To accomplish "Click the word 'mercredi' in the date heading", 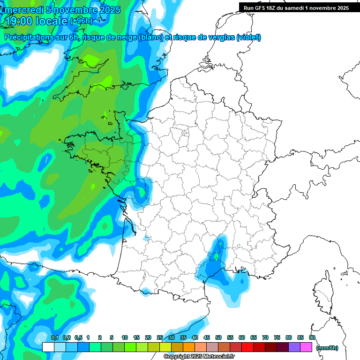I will coord(23,10).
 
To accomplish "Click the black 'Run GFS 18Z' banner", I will coord(296,7).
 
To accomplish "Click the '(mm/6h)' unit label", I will coord(327,348).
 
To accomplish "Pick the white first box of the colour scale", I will coord(48,347).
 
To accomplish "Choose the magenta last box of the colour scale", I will coord(306,347).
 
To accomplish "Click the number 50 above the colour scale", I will coord(218,337).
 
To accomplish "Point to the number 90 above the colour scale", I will coord(312,337).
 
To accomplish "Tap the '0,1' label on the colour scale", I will coord(54,337).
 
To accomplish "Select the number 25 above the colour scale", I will coord(160,337).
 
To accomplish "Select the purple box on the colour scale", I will coord(294,347).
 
